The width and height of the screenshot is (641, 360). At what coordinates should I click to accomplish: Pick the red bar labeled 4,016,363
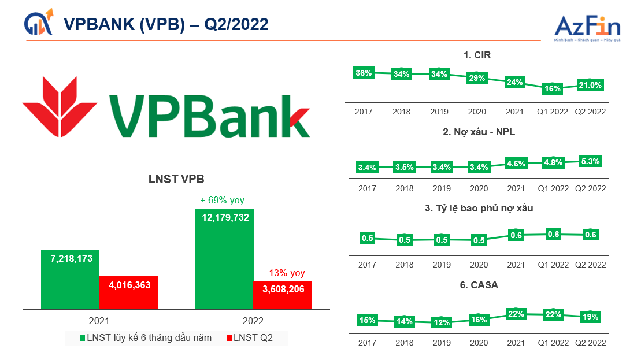pyautogui.click(x=128, y=292)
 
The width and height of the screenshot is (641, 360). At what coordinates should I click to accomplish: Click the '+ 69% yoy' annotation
pyautogui.click(x=222, y=201)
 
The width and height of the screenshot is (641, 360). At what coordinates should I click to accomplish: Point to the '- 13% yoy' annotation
pyautogui.click(x=283, y=273)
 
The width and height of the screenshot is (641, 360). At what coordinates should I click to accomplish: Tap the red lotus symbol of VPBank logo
pyautogui.click(x=51, y=104)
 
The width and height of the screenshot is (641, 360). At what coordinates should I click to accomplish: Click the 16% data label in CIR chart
pyautogui.click(x=553, y=88)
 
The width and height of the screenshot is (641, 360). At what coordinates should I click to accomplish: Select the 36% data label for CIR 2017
pyautogui.click(x=364, y=73)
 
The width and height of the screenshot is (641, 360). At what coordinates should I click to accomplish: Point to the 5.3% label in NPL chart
pyautogui.click(x=590, y=161)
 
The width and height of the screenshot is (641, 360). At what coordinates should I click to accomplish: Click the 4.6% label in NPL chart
pyautogui.click(x=515, y=164)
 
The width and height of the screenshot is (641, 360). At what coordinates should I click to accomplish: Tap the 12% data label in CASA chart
pyautogui.click(x=442, y=322)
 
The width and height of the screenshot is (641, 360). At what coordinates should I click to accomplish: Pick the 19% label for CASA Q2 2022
pyautogui.click(x=590, y=317)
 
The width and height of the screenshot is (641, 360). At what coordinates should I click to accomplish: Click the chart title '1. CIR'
pyautogui.click(x=477, y=55)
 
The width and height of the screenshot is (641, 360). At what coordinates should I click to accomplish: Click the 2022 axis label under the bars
pyautogui.click(x=253, y=321)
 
